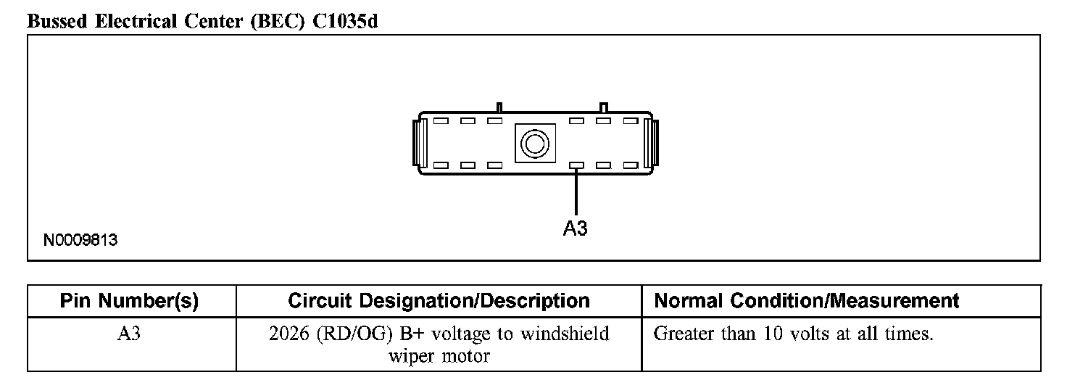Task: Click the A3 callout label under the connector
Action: click(575, 228)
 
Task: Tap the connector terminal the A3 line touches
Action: click(576, 165)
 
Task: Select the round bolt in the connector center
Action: click(534, 143)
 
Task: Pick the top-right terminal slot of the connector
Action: click(629, 120)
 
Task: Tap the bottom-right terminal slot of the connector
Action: click(629, 165)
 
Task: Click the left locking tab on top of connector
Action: click(498, 107)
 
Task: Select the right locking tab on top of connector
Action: click(603, 107)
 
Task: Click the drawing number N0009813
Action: click(80, 240)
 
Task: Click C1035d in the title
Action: click(345, 21)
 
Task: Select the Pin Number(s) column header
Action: click(129, 301)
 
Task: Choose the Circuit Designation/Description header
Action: click(439, 301)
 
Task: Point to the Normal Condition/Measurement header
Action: click(806, 301)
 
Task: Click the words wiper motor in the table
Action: click(439, 356)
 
